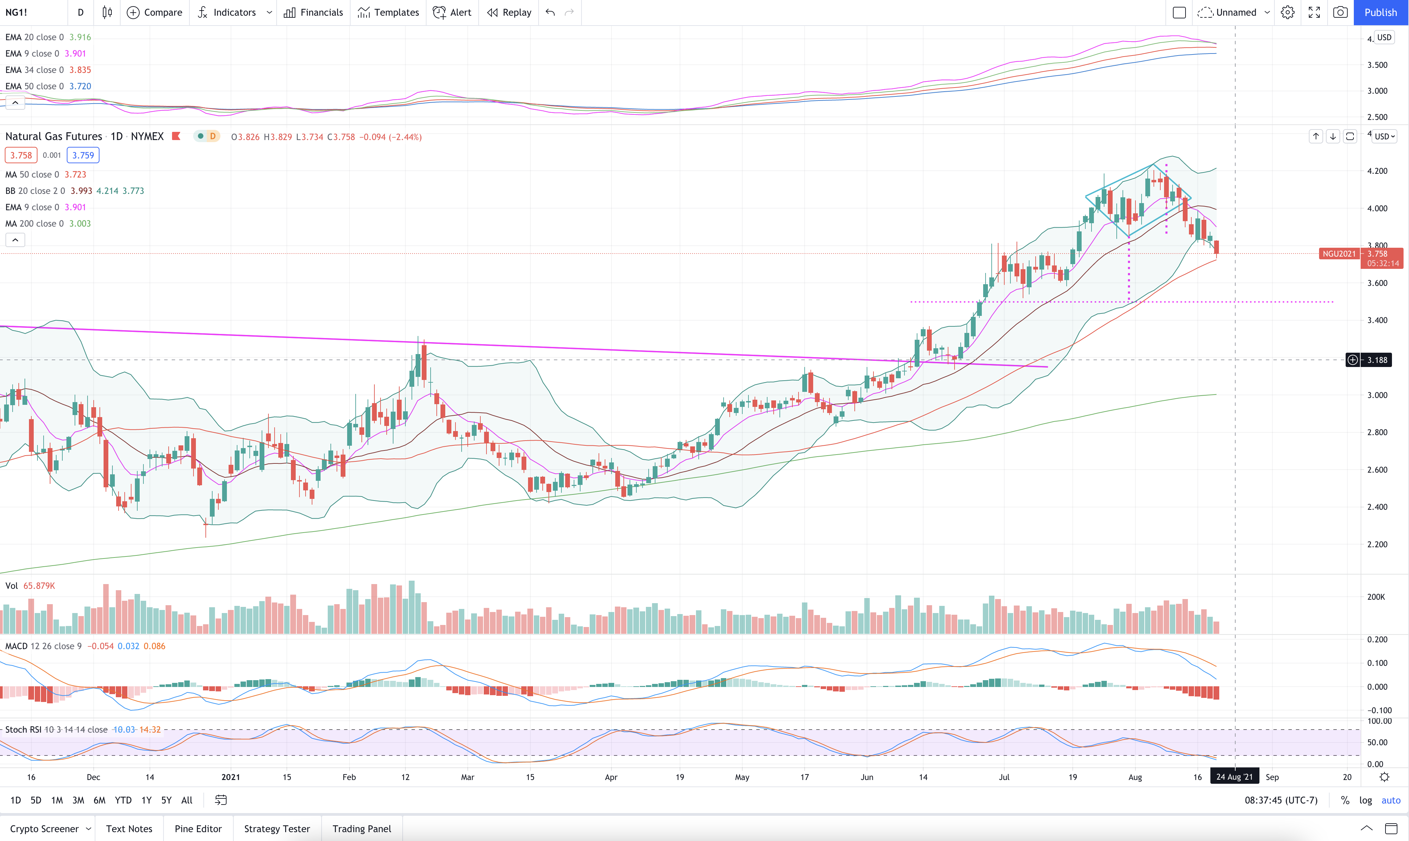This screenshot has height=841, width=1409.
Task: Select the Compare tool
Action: [155, 13]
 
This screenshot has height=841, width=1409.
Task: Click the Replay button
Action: [509, 13]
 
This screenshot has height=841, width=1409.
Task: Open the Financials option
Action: [313, 13]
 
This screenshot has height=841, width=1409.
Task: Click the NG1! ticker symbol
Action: [16, 13]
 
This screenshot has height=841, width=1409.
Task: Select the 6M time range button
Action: [99, 800]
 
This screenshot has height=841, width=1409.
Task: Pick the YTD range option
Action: [123, 800]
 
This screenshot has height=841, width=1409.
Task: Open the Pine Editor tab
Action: [198, 828]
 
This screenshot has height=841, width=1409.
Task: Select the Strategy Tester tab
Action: [277, 828]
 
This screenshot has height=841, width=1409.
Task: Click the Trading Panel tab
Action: [362, 828]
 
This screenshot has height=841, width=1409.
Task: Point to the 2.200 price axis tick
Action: [1377, 545]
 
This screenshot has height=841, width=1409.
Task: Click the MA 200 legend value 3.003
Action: [80, 223]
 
